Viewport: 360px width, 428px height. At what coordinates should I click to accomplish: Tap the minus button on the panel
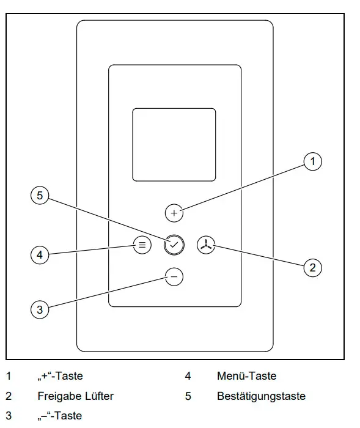tap(174, 277)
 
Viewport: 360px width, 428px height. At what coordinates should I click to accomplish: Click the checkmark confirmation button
tap(174, 245)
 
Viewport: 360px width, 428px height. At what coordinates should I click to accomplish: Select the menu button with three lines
tap(142, 245)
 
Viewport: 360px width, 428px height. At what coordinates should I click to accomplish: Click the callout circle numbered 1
tap(313, 161)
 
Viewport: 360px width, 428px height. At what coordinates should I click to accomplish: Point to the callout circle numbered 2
tap(313, 268)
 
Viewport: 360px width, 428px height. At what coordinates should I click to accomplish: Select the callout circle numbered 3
tap(40, 309)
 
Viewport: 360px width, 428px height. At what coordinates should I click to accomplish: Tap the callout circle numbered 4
tap(40, 255)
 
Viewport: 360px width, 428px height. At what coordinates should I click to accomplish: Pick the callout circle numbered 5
tap(40, 196)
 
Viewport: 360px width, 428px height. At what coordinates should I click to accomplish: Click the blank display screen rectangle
tap(174, 145)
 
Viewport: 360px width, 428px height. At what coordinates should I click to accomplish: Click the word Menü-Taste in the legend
tap(246, 376)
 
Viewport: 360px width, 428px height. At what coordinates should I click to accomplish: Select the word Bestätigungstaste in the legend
tap(261, 396)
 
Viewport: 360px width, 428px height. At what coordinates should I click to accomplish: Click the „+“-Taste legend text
tap(60, 376)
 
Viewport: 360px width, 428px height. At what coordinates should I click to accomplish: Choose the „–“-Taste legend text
tap(60, 416)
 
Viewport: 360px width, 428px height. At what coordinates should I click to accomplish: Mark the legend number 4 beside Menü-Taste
tap(188, 376)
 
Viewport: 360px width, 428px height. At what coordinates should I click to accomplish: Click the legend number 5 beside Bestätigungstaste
tap(188, 396)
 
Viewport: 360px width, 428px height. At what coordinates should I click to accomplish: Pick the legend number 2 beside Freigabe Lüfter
tap(9, 396)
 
